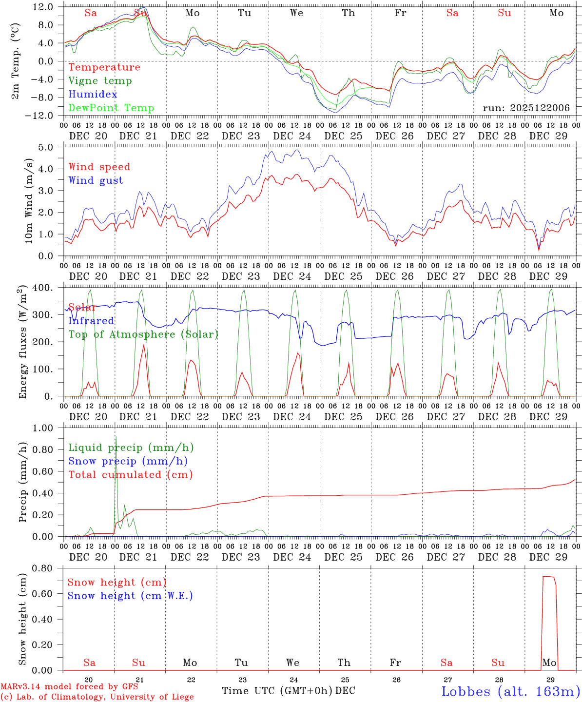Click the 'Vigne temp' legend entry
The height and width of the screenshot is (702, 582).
[x=100, y=81]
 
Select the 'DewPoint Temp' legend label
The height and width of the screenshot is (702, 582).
[x=111, y=108]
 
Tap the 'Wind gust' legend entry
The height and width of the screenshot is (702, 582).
[x=96, y=180]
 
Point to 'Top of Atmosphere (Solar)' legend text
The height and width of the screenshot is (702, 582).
[x=143, y=334]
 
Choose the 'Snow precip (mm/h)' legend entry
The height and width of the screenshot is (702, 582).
[x=128, y=461]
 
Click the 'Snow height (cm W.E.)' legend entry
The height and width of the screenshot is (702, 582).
[x=130, y=596]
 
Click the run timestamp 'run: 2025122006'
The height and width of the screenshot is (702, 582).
[x=526, y=108]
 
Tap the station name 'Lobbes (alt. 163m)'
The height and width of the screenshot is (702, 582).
[x=510, y=691]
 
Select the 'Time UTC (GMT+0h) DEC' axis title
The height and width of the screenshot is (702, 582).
[x=288, y=691]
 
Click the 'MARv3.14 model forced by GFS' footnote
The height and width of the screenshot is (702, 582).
[x=69, y=687]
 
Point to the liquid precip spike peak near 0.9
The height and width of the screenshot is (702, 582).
[x=116, y=437]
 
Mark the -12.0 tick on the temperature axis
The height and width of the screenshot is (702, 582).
[x=43, y=116]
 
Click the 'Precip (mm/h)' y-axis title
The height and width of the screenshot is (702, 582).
[x=22, y=482]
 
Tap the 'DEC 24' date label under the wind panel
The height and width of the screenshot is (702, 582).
[x=292, y=276]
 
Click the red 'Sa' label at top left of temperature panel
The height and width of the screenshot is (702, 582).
[x=91, y=13]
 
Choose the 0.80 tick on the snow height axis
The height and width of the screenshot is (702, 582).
[x=44, y=568]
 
